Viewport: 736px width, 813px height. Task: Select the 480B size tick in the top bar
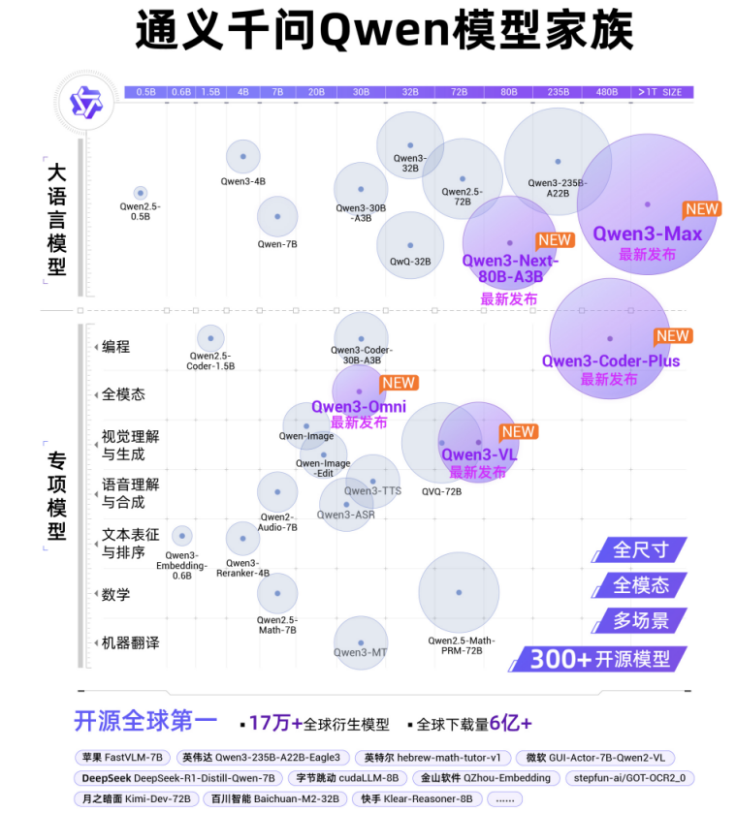coord(607,92)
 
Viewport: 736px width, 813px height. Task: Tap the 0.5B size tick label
coord(146,92)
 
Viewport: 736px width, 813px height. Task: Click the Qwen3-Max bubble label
coord(648,234)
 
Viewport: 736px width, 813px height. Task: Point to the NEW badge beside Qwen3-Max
coord(701,208)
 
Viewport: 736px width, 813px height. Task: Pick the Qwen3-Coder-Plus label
coord(611,361)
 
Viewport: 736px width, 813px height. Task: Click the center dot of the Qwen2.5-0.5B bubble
coord(140,193)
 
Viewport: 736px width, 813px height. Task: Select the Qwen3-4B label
coord(242,181)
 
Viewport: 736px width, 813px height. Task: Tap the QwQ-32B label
coord(410,262)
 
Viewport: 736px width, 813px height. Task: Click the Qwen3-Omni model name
coord(358,407)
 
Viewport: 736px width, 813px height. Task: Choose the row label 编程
coord(115,347)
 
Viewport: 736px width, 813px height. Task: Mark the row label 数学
coord(115,594)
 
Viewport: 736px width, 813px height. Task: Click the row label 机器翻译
coord(130,642)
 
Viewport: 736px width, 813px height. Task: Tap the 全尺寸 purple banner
coord(641,549)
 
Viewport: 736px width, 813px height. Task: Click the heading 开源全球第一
coord(146,721)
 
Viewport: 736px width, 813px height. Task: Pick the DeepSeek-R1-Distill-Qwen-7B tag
coord(178,777)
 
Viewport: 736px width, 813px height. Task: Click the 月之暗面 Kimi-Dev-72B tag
coord(133,798)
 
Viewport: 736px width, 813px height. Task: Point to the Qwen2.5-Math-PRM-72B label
coord(461,646)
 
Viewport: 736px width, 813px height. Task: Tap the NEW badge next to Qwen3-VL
coord(518,432)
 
